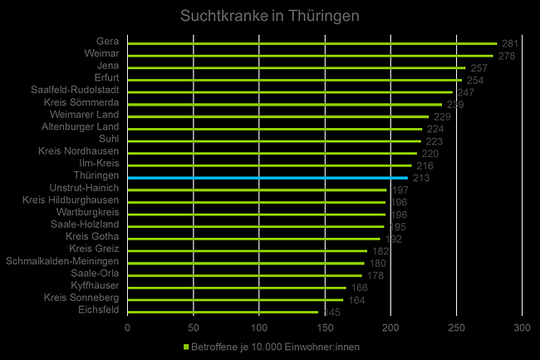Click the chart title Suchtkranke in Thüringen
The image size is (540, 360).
tap(270, 16)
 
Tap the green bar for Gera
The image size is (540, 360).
tap(312, 43)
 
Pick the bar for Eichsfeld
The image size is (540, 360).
tap(223, 312)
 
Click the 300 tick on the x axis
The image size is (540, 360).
tap(522, 328)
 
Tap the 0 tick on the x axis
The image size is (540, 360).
tap(127, 328)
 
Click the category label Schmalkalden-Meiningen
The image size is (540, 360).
tap(62, 261)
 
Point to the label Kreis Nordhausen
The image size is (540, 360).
tap(79, 151)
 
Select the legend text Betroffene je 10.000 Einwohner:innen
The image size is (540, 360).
tap(274, 346)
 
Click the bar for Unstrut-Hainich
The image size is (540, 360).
tap(257, 190)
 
